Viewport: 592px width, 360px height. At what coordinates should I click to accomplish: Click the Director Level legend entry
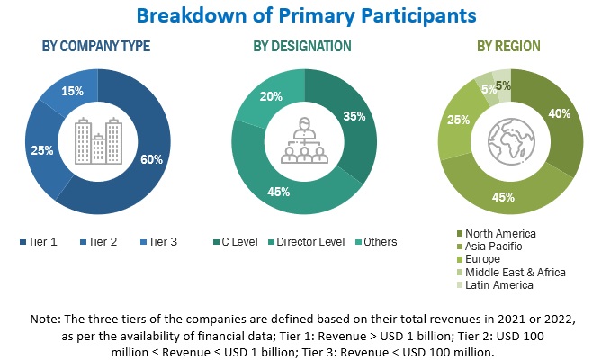[309, 241]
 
